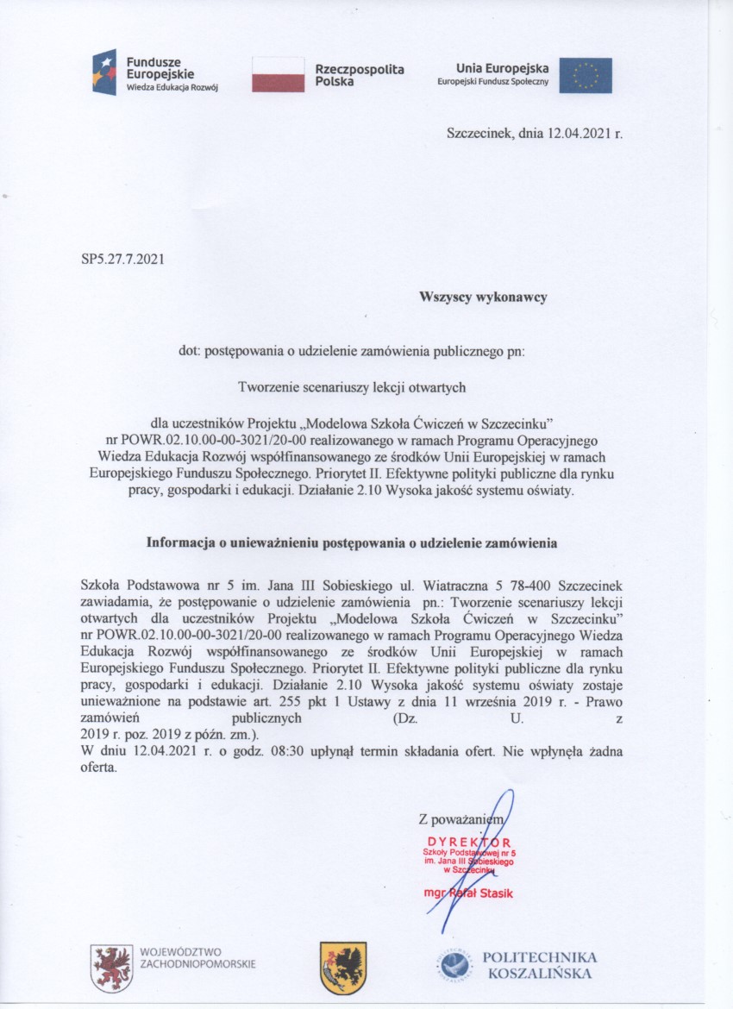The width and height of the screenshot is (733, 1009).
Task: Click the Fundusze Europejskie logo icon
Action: [x=104, y=72]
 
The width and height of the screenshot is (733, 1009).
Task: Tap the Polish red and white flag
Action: [x=278, y=74]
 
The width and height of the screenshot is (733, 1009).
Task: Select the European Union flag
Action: [x=586, y=75]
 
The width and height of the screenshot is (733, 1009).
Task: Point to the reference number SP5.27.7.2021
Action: [x=122, y=257]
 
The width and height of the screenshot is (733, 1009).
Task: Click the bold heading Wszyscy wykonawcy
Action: [x=483, y=297]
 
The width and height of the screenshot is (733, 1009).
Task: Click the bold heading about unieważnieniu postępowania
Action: [x=352, y=543]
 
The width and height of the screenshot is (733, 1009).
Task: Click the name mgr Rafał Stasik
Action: [x=469, y=893]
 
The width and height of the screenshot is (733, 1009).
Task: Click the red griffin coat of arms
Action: [x=112, y=967]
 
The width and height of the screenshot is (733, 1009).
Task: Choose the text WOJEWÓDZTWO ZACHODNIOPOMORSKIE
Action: [x=197, y=958]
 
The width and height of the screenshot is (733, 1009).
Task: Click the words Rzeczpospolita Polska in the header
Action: [x=360, y=75]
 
